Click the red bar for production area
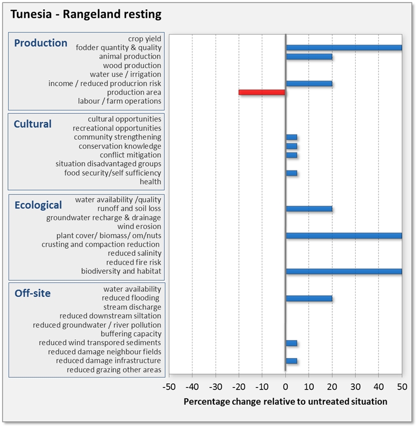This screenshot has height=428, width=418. coord(262,92)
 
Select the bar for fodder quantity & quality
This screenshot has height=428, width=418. coord(344,47)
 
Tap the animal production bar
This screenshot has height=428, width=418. coord(309,56)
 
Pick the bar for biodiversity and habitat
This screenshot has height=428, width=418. coord(344,271)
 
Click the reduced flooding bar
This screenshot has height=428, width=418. coord(309,298)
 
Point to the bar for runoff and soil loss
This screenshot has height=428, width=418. coord(309,209)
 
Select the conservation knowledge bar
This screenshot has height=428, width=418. coord(291,146)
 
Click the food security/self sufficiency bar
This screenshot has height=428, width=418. coord(291,173)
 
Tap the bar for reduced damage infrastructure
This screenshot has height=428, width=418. coord(291,361)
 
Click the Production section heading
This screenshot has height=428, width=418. coord(40,43)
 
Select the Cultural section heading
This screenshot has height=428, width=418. coord(32,124)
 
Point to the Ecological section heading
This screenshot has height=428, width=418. coord(38,205)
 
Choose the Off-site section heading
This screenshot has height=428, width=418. coord(32,293)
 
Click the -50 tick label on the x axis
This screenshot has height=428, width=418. coord(169,387)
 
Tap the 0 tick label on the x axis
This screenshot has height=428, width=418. coord(285,387)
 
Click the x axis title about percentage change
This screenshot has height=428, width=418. coord(285,401)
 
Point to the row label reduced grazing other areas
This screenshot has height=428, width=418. coord(114,370)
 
